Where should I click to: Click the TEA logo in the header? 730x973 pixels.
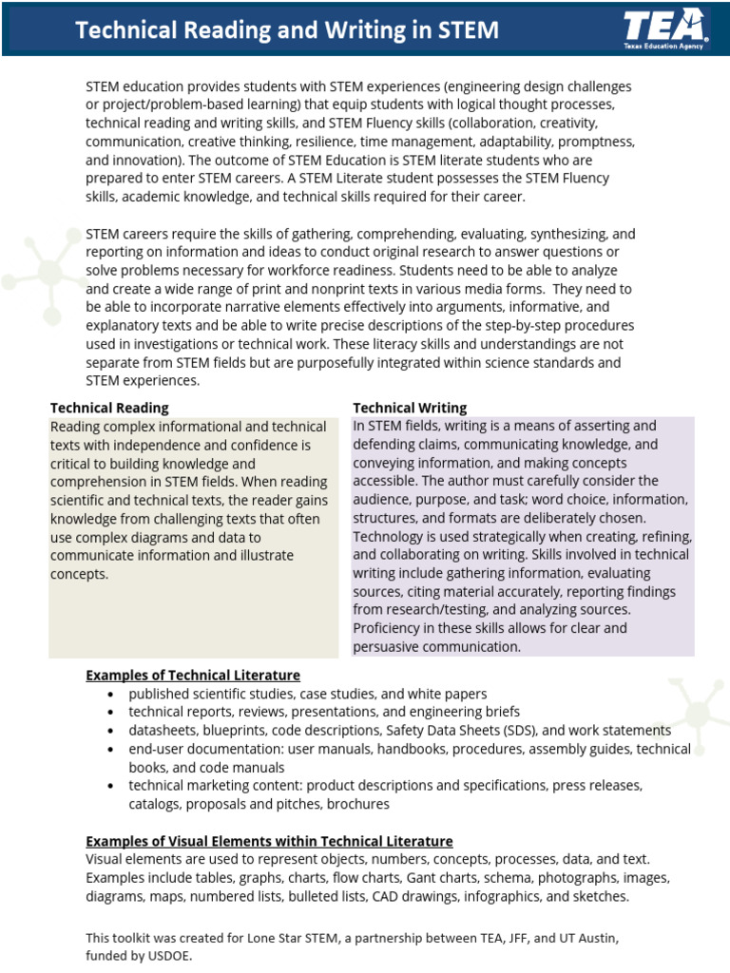(x=664, y=28)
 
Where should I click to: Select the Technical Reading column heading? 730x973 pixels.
(x=109, y=408)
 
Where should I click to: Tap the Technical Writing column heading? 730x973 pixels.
(x=410, y=408)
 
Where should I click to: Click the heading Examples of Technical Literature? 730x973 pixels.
(x=193, y=676)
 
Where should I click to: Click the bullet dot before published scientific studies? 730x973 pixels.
(x=110, y=695)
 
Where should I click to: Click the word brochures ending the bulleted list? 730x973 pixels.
(x=358, y=804)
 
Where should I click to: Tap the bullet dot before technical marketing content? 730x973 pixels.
(x=110, y=786)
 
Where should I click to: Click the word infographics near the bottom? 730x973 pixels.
(x=501, y=896)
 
